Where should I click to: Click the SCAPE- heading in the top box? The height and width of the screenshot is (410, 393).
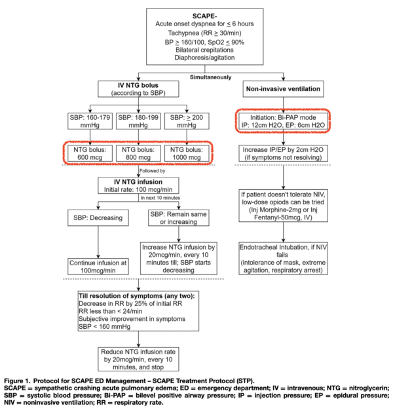(196, 14)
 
